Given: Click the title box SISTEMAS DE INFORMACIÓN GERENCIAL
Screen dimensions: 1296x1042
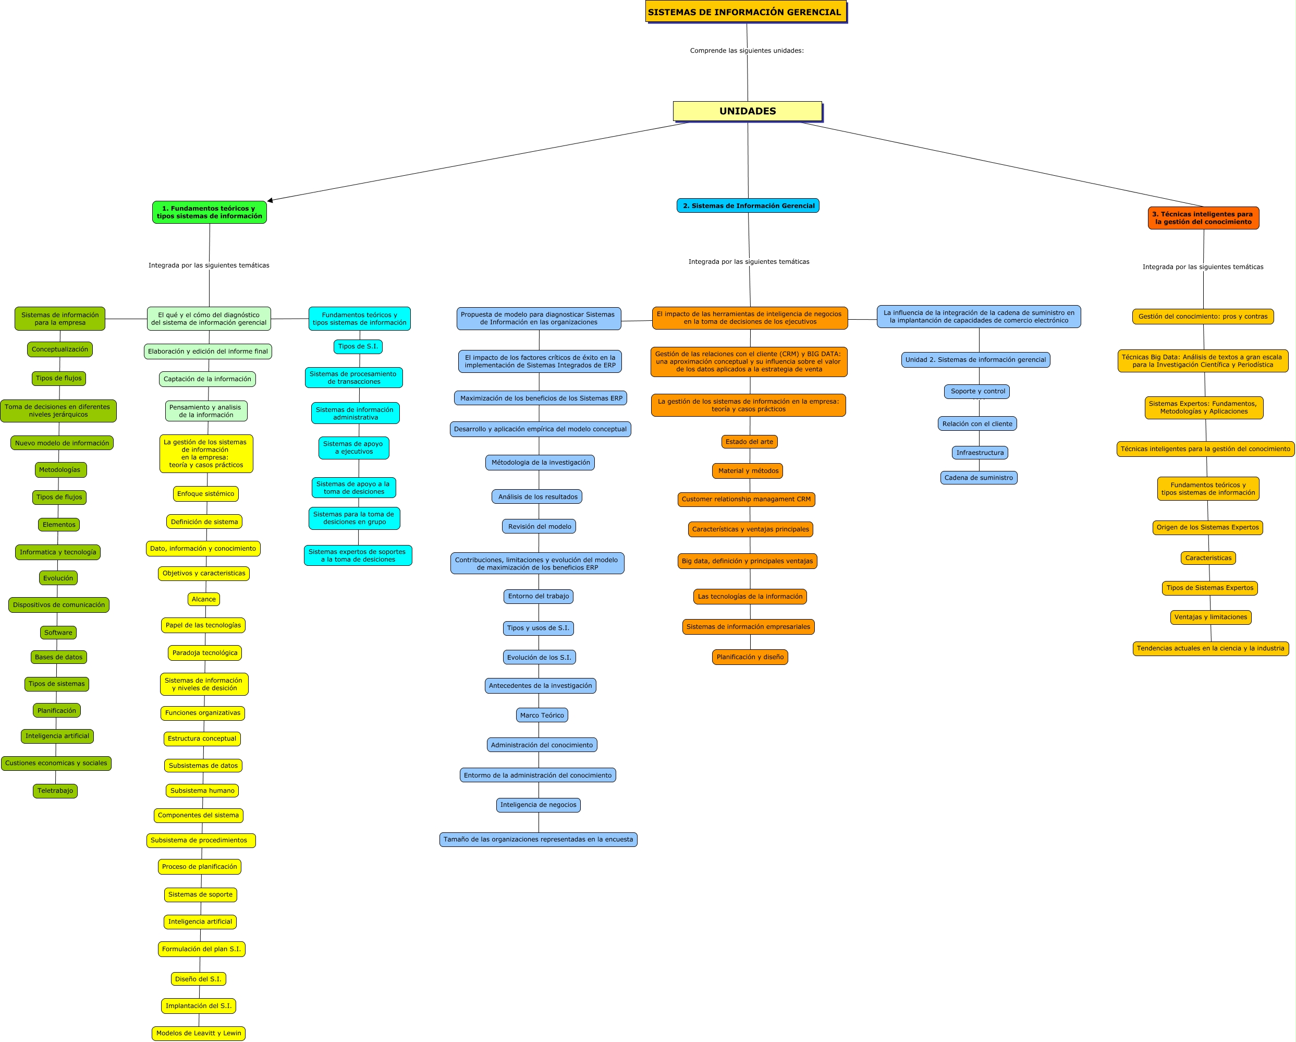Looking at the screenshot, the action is [x=745, y=12].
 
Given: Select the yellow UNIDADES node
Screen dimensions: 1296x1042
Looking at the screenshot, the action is [x=747, y=111].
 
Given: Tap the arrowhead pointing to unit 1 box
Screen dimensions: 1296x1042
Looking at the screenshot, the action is [x=271, y=200].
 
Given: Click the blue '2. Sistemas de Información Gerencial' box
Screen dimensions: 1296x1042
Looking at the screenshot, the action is [x=748, y=205].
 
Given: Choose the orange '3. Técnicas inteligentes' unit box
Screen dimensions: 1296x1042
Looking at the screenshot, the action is [x=1203, y=217].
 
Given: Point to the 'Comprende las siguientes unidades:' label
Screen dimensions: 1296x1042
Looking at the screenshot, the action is [x=747, y=51].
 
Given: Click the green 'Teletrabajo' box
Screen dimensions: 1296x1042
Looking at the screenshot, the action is [x=55, y=791].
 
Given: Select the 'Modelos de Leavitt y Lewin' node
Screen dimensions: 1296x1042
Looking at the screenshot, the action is [x=199, y=1033].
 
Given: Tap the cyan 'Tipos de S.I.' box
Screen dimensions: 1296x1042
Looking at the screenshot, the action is [x=358, y=346].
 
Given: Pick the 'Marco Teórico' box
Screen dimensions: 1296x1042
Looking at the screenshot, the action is [x=542, y=715].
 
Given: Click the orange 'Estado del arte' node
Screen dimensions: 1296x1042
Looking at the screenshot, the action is [x=749, y=442].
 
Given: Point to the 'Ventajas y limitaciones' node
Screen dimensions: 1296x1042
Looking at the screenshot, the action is [x=1210, y=617].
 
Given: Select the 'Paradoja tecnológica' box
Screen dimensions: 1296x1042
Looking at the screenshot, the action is [x=204, y=652].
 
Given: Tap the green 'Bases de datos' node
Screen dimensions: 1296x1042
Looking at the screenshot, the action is [x=58, y=657].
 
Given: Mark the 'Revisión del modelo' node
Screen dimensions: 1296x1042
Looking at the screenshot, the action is [x=539, y=527].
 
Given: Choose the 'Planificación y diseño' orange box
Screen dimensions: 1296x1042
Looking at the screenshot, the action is [x=750, y=657].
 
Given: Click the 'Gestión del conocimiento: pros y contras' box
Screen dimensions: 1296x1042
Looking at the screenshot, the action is [x=1202, y=316].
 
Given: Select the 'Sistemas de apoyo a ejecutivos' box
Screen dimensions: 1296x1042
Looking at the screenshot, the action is [x=353, y=447].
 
